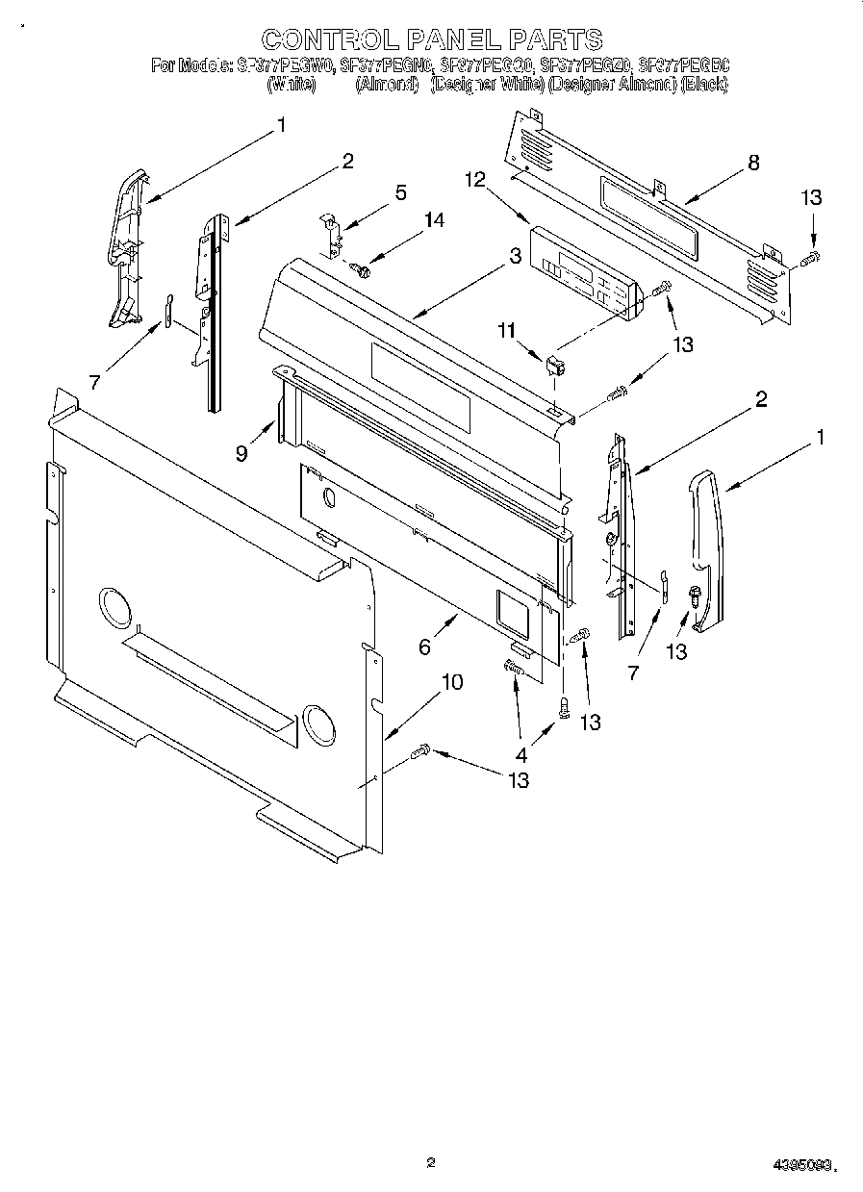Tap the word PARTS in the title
pos(555,39)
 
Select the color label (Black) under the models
pos(704,85)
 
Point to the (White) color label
pos(291,85)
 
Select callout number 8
pos(753,163)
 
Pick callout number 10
pos(450,682)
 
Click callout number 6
pos(424,647)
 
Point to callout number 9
pos(241,451)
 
